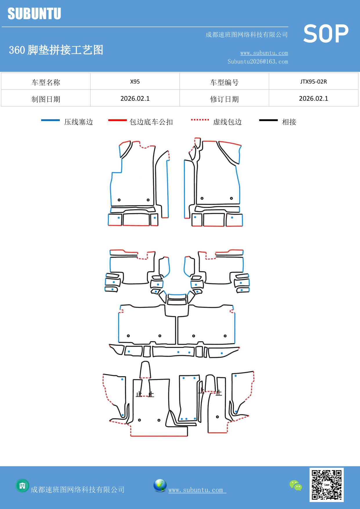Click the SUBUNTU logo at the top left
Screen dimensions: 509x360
click(x=34, y=14)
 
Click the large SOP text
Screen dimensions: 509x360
click(x=326, y=34)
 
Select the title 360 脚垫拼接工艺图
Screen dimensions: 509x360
click(x=56, y=50)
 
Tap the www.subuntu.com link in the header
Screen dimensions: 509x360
click(x=264, y=53)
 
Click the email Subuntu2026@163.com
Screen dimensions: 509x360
click(x=258, y=62)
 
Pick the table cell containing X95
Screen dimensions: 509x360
click(x=135, y=82)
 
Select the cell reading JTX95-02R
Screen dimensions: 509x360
click(x=313, y=82)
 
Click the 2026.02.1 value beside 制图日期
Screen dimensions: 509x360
click(x=135, y=99)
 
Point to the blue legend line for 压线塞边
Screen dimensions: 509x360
click(x=50, y=120)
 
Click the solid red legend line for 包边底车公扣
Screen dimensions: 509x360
click(x=117, y=120)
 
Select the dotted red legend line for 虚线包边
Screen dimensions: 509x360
click(x=200, y=120)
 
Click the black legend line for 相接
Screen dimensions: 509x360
click(x=268, y=120)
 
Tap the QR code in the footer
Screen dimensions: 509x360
click(x=326, y=485)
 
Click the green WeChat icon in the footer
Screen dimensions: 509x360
click(x=296, y=485)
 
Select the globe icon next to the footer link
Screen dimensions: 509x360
click(x=160, y=485)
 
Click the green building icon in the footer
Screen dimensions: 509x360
click(x=22, y=485)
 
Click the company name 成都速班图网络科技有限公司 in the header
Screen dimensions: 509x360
click(x=247, y=35)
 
